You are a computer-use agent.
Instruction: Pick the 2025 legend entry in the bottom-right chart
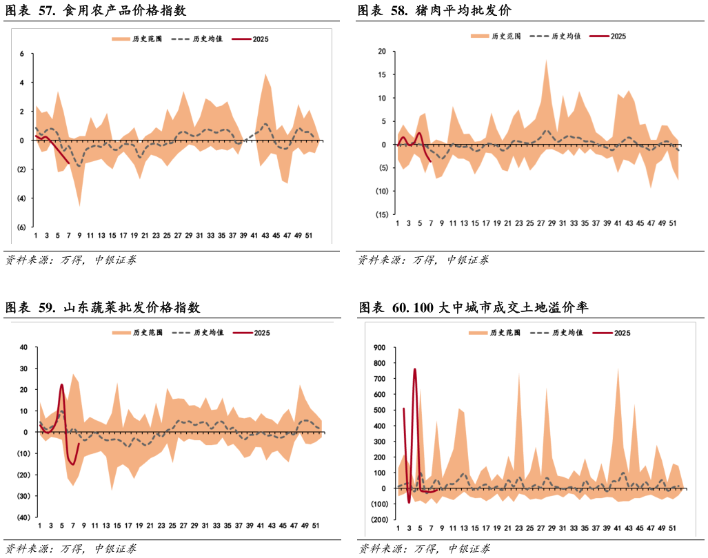tap(622, 333)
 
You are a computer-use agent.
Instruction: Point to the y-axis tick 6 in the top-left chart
tap(22, 54)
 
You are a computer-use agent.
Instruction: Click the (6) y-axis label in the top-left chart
tap(21, 227)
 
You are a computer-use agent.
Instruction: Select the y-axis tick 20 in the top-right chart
tap(381, 52)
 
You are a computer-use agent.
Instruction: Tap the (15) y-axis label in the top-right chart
tap(380, 214)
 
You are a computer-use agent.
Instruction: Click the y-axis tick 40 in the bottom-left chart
tap(22, 347)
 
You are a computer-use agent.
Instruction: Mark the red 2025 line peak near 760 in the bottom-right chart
tap(415, 369)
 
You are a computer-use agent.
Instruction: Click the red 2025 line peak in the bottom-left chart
tap(62, 385)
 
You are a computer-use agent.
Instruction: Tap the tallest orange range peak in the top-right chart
tap(547, 60)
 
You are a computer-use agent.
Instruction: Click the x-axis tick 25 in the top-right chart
tap(529, 223)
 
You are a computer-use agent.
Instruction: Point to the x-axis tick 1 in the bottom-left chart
tap(40, 526)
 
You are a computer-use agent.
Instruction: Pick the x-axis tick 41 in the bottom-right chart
tap(618, 528)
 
